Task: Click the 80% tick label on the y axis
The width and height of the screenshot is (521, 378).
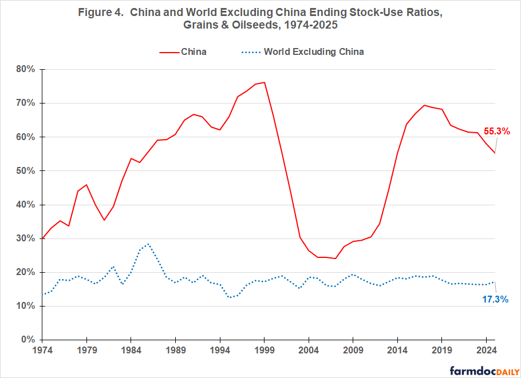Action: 26,69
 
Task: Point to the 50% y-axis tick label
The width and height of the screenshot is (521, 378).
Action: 26,171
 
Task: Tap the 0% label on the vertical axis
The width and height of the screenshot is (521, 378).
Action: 28,340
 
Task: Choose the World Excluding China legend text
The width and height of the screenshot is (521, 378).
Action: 314,52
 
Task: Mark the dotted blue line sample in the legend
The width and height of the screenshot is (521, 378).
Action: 248,52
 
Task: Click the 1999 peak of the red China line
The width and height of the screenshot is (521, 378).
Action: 264,82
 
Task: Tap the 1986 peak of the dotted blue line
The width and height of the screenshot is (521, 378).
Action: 149,244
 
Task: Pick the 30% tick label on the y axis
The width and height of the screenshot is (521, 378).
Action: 26,238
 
